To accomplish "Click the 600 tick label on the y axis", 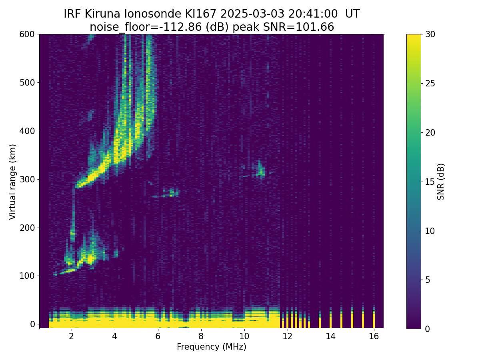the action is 27,34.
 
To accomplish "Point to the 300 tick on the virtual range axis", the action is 38,179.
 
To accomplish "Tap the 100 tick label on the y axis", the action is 27,276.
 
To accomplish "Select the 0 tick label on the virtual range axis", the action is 32,324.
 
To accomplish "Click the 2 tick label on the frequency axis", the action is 72,336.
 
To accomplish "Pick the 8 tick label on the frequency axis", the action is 201,336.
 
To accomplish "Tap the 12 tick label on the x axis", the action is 287,336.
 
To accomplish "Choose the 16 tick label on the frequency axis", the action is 374,336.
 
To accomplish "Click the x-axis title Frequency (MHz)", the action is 212,347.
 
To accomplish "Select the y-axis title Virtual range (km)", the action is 12,182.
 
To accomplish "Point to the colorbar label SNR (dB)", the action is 441,182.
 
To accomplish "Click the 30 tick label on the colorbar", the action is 430,34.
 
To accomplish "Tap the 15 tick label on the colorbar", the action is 430,182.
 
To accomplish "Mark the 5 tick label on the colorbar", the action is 428,280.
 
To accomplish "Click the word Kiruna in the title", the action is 102,14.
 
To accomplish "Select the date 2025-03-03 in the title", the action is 252,14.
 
